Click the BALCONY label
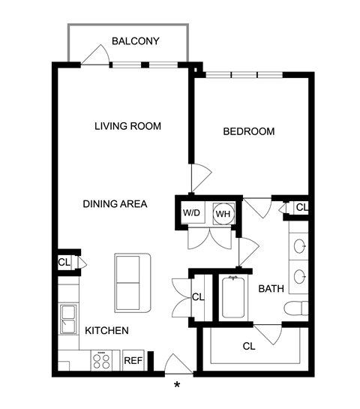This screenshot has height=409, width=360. pos(136,41)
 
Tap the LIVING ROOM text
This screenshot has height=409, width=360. pos(127,126)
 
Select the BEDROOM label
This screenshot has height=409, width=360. pos(249,131)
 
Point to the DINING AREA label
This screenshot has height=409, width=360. pos(115,204)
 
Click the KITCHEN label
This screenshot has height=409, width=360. pos(107,331)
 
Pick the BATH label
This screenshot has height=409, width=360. pos(271,289)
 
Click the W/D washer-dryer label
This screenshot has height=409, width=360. pos(191,213)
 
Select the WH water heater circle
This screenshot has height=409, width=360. pos(223,214)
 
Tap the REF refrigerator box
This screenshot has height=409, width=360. pos(133,360)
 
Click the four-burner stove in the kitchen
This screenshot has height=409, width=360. pos(102,360)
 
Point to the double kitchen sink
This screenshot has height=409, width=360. pos(69,319)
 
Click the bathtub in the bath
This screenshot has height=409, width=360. pos(233,298)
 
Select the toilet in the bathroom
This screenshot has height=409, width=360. pos(296,308)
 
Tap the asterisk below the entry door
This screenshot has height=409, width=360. pos(177,385)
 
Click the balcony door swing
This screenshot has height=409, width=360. pos(95,55)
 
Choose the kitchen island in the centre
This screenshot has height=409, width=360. pos(133,283)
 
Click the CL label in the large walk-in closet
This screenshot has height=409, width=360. pos(249,347)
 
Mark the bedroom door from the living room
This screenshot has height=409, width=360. pos(201,178)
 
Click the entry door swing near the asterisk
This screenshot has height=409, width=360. pos(178,364)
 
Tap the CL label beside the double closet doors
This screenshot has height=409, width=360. pos(198,297)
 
